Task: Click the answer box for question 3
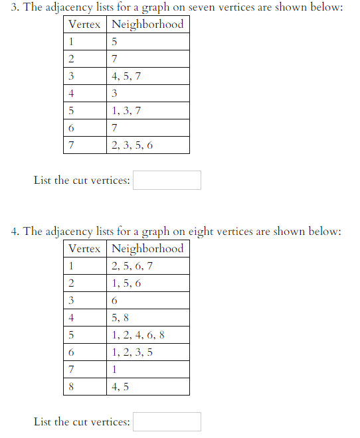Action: pos(167,180)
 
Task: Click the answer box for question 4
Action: pos(167,421)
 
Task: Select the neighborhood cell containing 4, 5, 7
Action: pos(147,76)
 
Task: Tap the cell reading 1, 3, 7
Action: pos(147,111)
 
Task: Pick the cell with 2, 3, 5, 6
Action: pos(147,145)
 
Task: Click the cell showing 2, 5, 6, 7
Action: pos(147,266)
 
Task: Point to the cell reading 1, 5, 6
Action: pos(147,283)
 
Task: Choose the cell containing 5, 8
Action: pos(147,318)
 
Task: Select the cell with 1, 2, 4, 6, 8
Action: pos(147,335)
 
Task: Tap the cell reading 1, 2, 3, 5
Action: pos(147,352)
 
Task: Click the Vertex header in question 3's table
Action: pos(85,25)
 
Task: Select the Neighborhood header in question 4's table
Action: pos(147,249)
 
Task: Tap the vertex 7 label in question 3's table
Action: pos(85,145)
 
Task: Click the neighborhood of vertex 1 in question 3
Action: pos(147,42)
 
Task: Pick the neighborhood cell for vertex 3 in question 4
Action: pos(147,301)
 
